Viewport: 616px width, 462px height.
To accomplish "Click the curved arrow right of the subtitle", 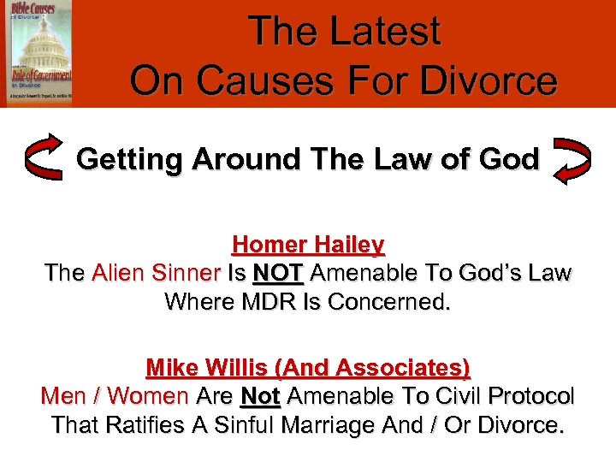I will pos(572,159).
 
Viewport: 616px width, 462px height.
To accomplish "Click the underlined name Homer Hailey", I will pos(308,245).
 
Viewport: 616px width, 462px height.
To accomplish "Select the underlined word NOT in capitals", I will pos(276,273).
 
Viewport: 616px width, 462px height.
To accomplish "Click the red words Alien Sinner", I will pos(156,273).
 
